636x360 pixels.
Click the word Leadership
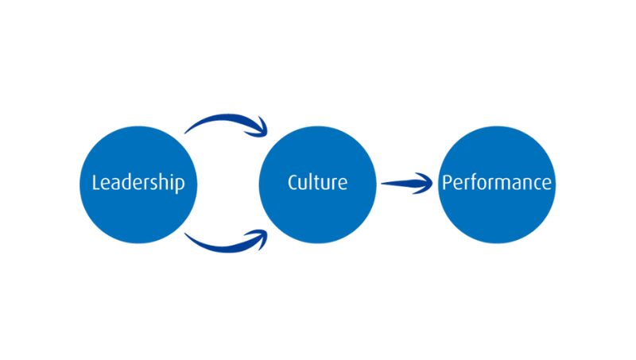point(138,183)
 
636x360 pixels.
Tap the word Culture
point(317,182)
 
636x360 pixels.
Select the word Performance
point(496,183)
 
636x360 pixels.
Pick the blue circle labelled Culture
point(317,215)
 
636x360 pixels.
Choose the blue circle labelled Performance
point(496,215)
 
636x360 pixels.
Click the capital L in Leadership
point(96,183)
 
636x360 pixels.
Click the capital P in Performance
point(447,183)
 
